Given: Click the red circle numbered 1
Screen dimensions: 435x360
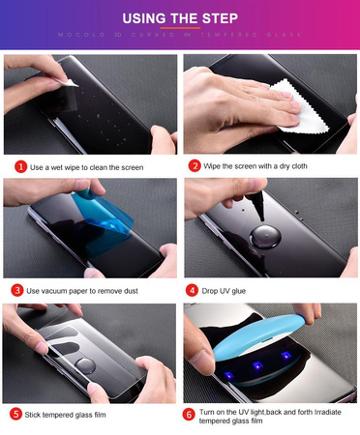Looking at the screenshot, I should [x=19, y=166].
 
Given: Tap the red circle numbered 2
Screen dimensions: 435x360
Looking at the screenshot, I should [x=195, y=166].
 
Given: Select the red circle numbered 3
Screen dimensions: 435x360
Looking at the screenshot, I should [x=19, y=289].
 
